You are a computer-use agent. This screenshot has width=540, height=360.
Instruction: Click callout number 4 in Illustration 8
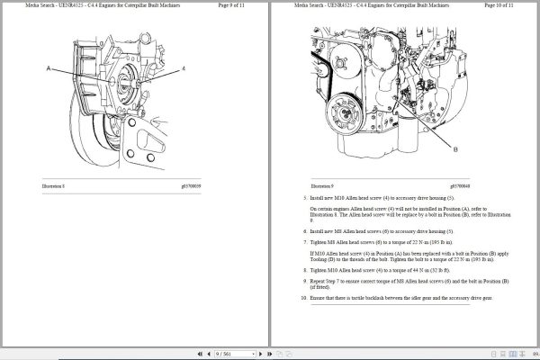(x=184, y=68)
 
